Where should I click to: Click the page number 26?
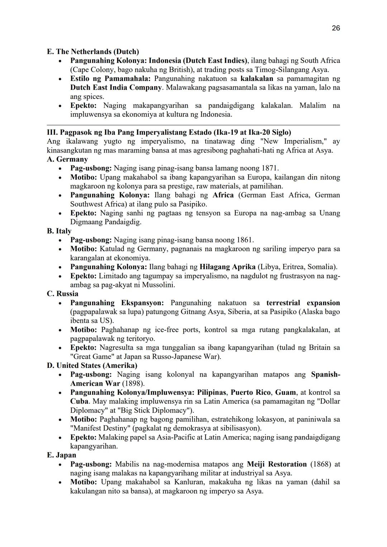(x=336, y=28)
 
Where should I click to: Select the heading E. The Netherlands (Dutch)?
(x=93, y=52)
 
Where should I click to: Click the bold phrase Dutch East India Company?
(x=116, y=88)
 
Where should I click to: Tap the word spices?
(x=93, y=97)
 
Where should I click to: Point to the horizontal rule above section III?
(x=193, y=125)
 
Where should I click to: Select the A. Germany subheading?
(x=67, y=159)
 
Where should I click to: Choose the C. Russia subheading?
(x=62, y=294)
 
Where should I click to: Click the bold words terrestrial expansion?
(x=303, y=303)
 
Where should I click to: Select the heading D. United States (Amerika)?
(x=92, y=366)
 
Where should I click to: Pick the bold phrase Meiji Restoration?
(x=277, y=464)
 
